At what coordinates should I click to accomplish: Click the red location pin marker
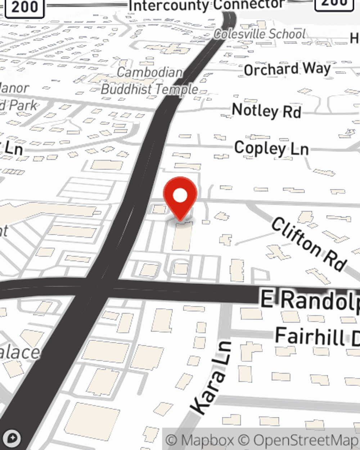(180, 198)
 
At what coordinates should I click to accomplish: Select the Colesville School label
(260, 34)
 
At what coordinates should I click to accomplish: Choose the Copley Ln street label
(271, 148)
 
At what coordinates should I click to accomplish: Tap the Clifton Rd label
(309, 244)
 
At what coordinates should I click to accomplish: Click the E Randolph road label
(310, 301)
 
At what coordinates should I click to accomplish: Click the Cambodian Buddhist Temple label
(149, 81)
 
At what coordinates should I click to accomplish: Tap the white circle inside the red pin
(180, 195)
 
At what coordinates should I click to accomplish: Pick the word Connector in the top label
(249, 5)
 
